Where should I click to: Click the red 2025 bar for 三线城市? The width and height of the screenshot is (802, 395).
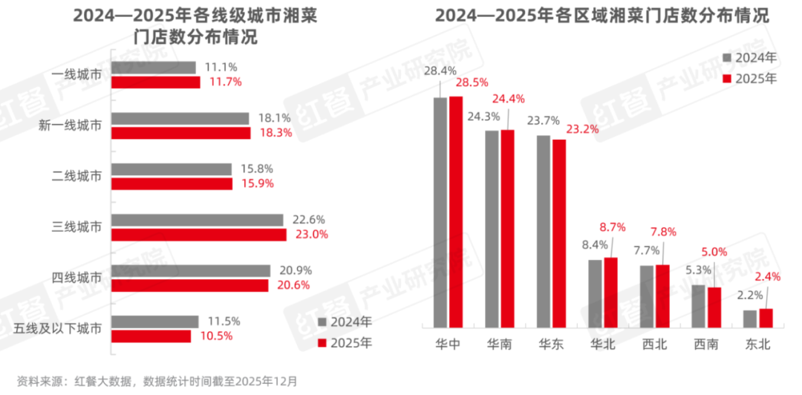click(x=199, y=235)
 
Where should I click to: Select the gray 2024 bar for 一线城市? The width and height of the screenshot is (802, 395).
click(x=154, y=68)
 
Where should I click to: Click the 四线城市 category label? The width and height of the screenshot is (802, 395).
click(x=77, y=278)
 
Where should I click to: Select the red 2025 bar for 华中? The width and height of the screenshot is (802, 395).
click(x=456, y=212)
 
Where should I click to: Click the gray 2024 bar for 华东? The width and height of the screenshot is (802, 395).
click(x=544, y=231)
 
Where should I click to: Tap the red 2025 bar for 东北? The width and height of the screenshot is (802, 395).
click(x=766, y=318)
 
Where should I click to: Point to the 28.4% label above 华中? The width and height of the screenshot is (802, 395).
click(x=440, y=71)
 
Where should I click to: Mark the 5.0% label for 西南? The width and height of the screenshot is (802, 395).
click(x=714, y=252)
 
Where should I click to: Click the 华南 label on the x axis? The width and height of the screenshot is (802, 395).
click(x=499, y=344)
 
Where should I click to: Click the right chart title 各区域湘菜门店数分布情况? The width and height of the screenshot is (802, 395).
click(x=601, y=16)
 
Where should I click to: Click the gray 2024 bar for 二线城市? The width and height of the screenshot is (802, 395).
click(x=172, y=169)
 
